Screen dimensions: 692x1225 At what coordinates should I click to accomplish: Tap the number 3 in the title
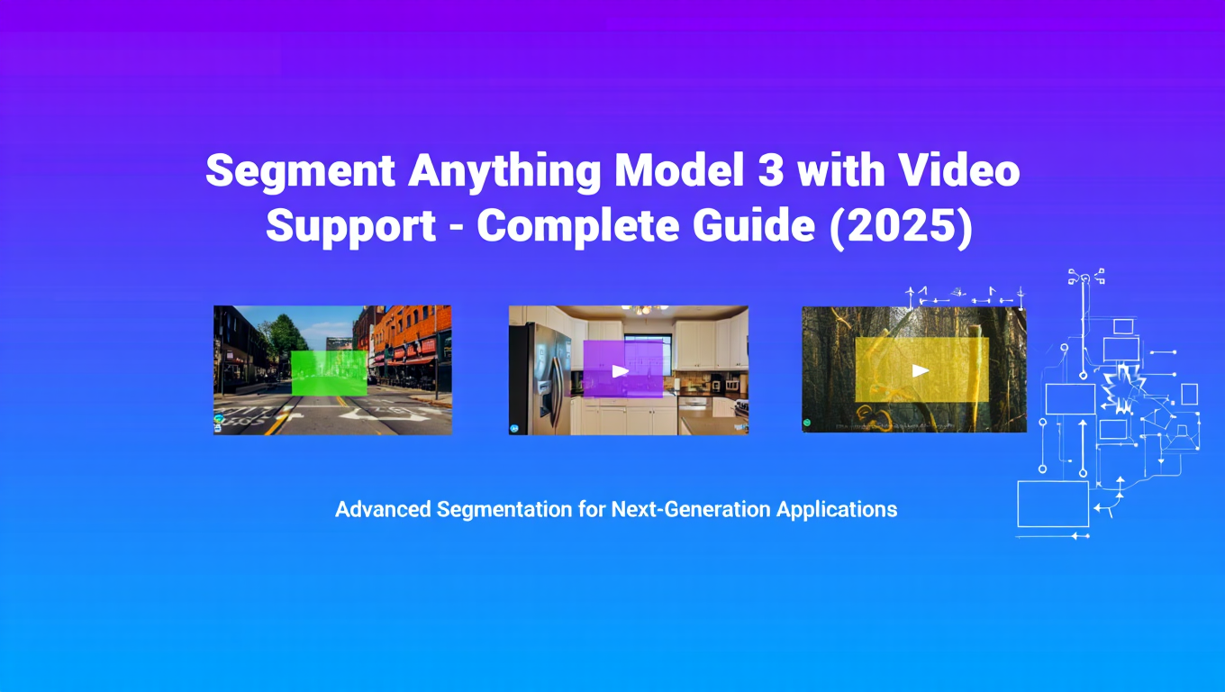(772, 171)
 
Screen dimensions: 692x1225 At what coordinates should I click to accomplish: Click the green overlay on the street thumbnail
(329, 372)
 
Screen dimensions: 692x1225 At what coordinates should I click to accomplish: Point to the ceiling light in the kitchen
(645, 310)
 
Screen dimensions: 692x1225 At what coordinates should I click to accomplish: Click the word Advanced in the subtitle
(384, 509)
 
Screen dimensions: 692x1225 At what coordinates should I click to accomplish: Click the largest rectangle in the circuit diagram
(1053, 504)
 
